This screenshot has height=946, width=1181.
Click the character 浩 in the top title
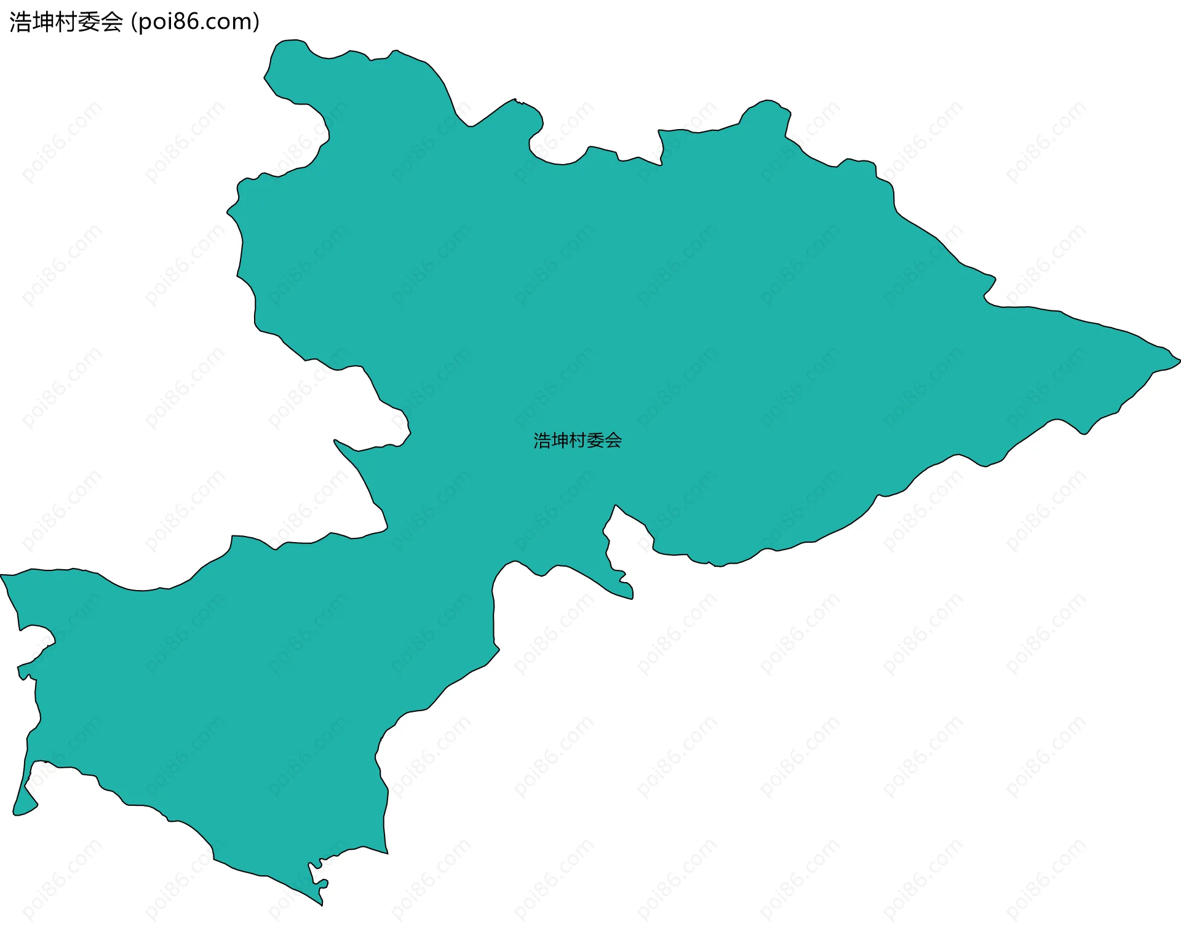[20, 22]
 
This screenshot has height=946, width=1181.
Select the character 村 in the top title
[66, 22]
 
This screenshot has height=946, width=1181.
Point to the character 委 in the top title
[89, 22]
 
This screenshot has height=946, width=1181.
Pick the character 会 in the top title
[111, 22]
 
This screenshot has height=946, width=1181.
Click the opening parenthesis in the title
[135, 22]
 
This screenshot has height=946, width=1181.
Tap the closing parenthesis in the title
[256, 22]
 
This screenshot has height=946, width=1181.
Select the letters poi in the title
[154, 22]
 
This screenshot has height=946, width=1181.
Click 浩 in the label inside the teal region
[543, 441]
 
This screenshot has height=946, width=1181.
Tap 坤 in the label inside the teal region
[560, 441]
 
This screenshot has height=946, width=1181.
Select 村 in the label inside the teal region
[578, 441]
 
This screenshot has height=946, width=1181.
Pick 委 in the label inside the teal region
[595, 441]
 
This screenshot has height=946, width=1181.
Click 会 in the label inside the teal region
[613, 441]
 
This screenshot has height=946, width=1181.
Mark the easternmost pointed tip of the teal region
[1179, 360]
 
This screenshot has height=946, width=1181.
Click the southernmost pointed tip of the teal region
[322, 904]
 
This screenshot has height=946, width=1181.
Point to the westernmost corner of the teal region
[2, 576]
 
